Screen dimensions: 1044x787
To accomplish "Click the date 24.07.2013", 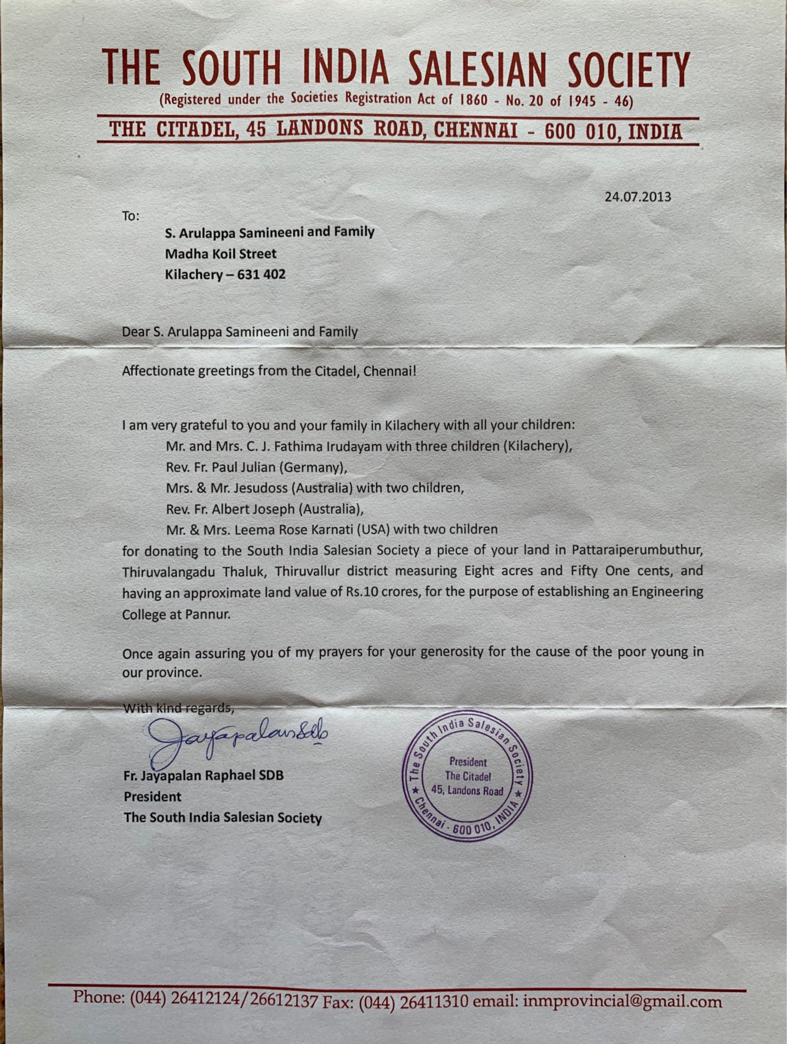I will (x=637, y=197).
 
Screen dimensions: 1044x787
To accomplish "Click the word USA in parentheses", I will (x=375, y=530).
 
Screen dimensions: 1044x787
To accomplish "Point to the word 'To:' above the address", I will (x=131, y=216).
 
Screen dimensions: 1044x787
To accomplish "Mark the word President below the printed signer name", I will (x=153, y=797).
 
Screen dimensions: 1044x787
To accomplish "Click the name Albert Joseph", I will (x=253, y=509).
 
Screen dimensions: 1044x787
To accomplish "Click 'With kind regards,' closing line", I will (x=178, y=708).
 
